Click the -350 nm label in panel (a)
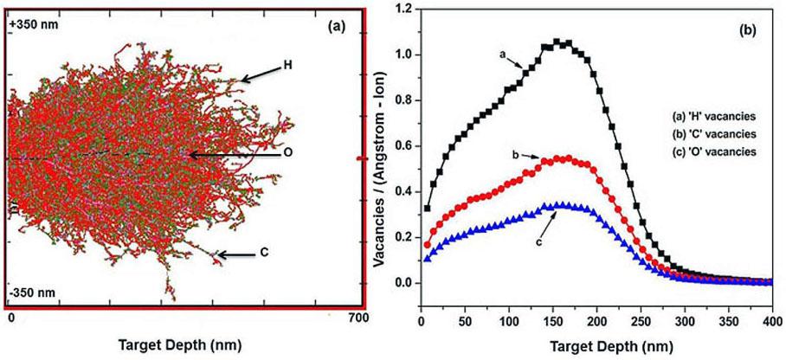(x=32, y=294)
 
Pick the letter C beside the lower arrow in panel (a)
(x=263, y=253)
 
